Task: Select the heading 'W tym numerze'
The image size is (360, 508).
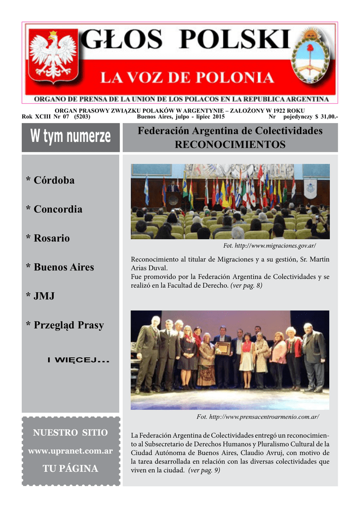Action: (x=71, y=137)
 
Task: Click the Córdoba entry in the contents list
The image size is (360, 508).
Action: (x=50, y=181)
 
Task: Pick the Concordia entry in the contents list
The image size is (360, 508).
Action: (x=54, y=209)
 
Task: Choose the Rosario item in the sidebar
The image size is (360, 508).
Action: (x=48, y=238)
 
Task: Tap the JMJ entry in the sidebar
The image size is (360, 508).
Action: (x=40, y=296)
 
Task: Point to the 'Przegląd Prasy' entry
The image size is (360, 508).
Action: (x=65, y=325)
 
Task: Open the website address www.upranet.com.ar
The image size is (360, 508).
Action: (x=71, y=451)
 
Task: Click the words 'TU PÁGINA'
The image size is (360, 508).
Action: (x=71, y=469)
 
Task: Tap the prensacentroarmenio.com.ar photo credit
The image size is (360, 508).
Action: (x=258, y=416)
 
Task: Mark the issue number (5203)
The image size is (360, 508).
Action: (x=82, y=117)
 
